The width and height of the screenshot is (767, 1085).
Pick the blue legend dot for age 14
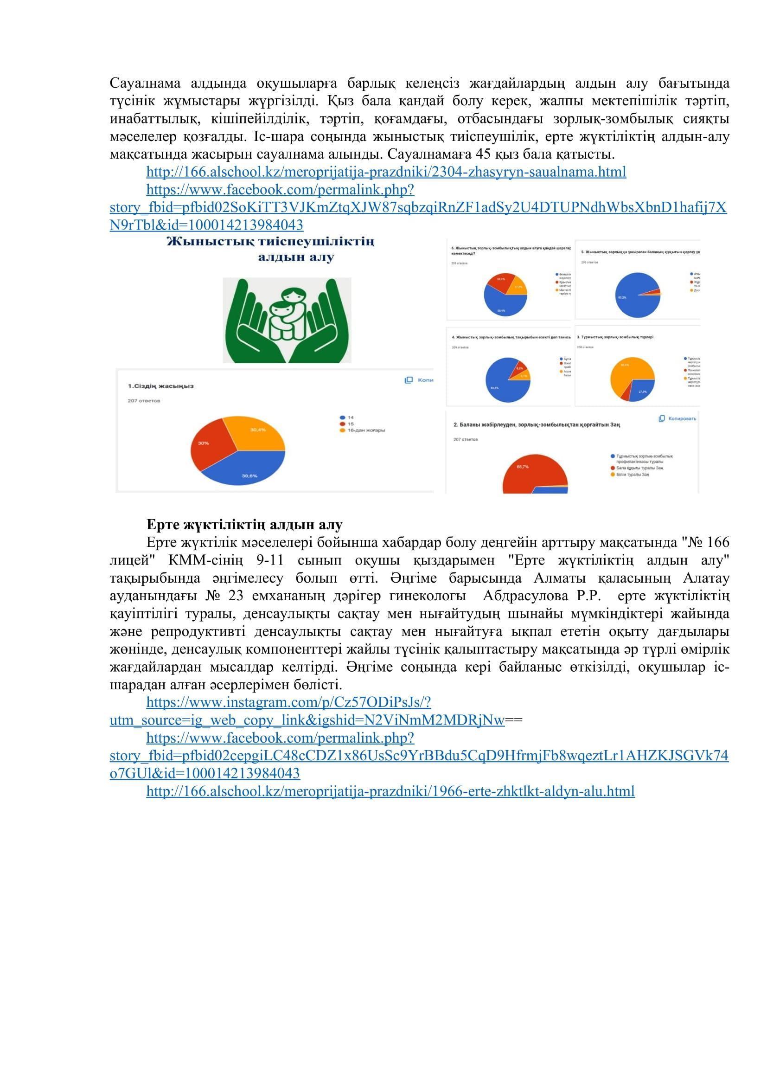click(x=342, y=418)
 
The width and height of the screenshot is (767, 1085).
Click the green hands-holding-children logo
click(x=287, y=320)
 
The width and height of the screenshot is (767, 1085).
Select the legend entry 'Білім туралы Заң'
click(x=633, y=474)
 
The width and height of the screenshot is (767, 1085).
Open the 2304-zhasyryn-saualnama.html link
click(x=386, y=172)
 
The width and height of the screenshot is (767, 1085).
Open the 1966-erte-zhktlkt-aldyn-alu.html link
click(x=390, y=791)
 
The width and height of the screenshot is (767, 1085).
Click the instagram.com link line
click(x=288, y=702)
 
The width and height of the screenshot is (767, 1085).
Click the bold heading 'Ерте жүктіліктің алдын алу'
click(x=244, y=525)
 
